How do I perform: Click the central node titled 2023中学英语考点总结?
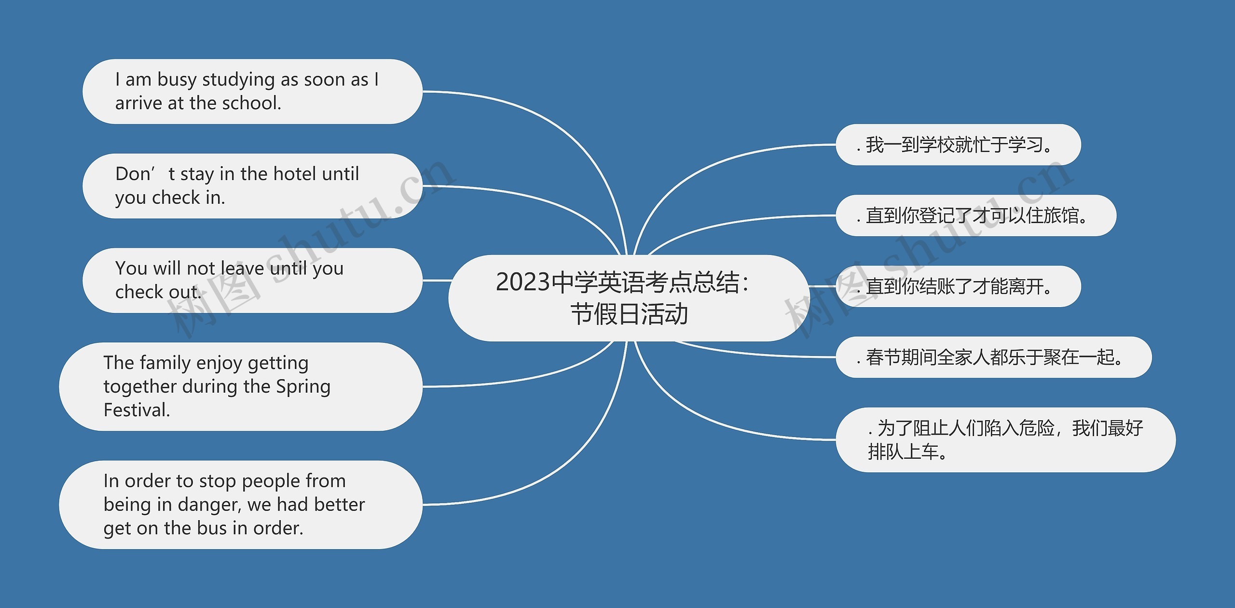coord(629,298)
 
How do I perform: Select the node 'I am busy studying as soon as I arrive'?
coord(252,91)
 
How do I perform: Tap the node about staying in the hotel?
coord(252,186)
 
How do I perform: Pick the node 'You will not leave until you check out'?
coord(252,280)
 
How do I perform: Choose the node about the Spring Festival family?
coord(241,386)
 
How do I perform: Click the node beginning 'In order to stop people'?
coord(241,504)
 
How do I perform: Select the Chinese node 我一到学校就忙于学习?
coord(958,144)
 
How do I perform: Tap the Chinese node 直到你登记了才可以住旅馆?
coord(976,215)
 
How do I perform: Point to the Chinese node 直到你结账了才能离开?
coord(958,286)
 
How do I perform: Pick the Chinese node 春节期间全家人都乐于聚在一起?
coord(993,357)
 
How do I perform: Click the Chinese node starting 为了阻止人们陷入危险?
coord(1005,439)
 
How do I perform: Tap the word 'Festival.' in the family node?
coord(137,410)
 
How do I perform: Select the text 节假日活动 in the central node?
coord(629,314)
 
